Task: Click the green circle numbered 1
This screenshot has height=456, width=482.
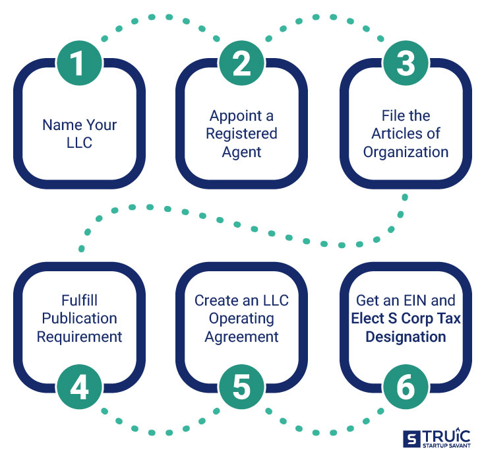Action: point(79,65)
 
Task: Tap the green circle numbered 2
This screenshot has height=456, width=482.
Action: point(242,65)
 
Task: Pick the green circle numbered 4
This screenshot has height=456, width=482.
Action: point(79,387)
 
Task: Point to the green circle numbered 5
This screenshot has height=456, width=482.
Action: point(242,387)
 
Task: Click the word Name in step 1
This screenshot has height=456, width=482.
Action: point(59,124)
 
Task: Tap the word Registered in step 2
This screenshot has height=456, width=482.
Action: point(241,133)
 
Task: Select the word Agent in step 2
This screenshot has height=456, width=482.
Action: point(241,151)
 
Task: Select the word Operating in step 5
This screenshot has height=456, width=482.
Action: point(241,318)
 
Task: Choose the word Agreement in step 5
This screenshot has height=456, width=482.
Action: point(241,336)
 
